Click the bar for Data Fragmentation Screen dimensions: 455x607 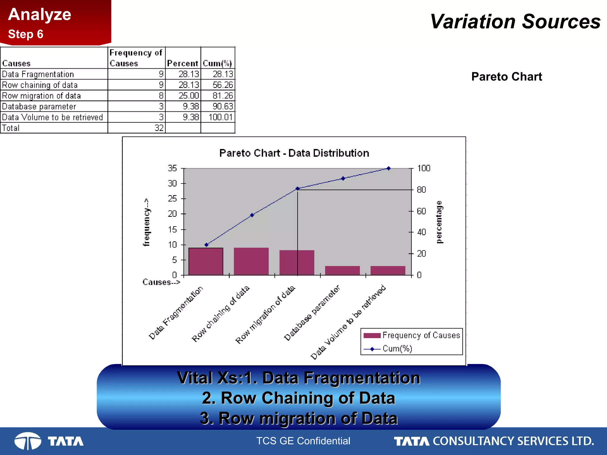point(206,261)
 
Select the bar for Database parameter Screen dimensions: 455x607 point(342,270)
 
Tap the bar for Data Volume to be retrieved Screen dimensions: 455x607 point(388,270)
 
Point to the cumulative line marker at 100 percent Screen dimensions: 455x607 point(389,168)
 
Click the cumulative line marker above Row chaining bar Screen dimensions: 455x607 point(252,215)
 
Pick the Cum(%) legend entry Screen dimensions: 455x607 point(397,349)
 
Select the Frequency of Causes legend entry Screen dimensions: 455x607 point(421,335)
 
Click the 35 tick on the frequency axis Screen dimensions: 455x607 point(172,168)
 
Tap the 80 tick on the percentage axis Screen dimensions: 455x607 point(421,190)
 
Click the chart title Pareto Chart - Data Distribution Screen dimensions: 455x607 point(294,153)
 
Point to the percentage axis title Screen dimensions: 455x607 point(439,222)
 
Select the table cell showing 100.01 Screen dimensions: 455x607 point(221,117)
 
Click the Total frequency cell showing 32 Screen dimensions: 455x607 point(159,128)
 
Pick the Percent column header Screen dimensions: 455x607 point(183,63)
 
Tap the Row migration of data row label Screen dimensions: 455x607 point(41,96)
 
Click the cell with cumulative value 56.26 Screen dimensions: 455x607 point(223,85)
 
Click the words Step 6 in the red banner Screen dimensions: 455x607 point(26,34)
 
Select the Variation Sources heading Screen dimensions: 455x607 point(515,22)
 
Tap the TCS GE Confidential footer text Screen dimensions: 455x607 point(303,441)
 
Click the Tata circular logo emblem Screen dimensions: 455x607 point(28,441)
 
